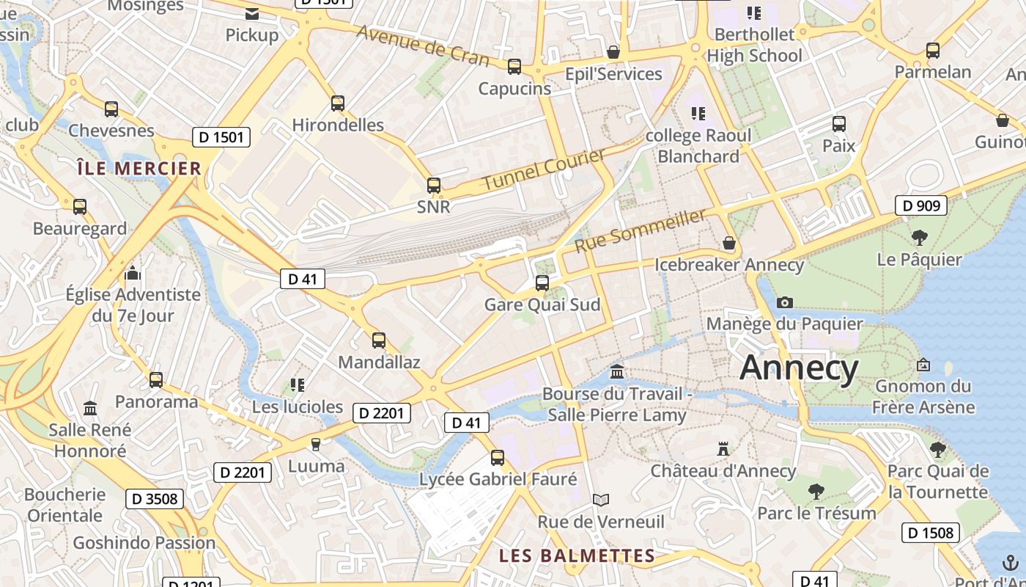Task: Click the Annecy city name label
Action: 799,368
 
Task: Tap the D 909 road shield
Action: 920,205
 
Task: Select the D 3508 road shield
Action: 153,499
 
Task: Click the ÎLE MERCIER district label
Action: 139,168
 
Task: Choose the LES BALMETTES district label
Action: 577,555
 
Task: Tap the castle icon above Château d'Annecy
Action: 723,448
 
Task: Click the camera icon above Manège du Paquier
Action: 784,302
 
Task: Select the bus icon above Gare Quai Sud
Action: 542,282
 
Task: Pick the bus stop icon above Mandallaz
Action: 379,340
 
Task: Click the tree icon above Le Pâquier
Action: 919,237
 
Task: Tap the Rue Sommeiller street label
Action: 641,230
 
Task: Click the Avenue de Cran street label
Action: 423,45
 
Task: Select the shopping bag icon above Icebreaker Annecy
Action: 729,243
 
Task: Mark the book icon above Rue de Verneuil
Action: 601,500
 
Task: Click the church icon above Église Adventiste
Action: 133,273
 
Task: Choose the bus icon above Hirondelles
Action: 338,103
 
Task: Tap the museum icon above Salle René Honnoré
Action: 90,408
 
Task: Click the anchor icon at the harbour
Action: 1011,563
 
